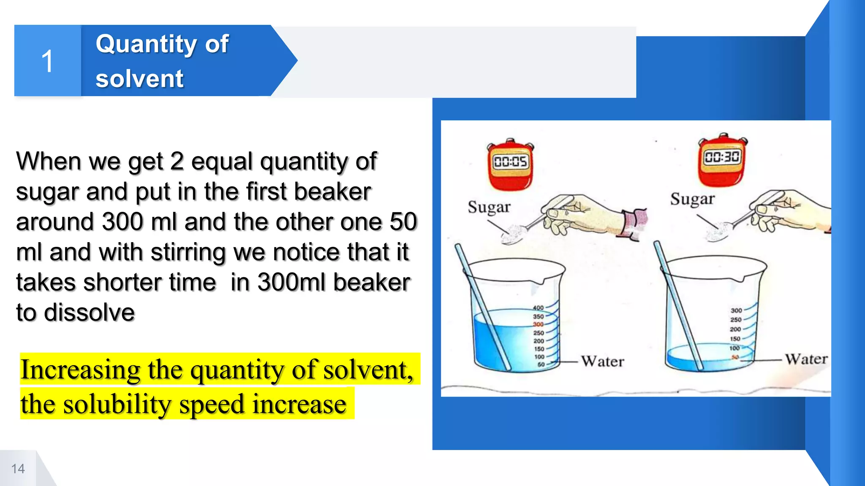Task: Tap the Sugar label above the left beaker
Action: (489, 207)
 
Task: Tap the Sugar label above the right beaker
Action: (692, 199)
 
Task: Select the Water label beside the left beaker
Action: (603, 362)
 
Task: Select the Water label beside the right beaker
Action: (806, 359)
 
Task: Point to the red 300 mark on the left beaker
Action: (538, 324)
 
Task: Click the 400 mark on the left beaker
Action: (538, 308)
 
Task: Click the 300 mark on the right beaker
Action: (736, 310)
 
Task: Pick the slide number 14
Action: (18, 469)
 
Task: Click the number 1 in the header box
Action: (47, 61)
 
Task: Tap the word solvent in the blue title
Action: (139, 79)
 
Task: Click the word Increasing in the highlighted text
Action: (80, 370)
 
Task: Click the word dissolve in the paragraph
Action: (89, 313)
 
